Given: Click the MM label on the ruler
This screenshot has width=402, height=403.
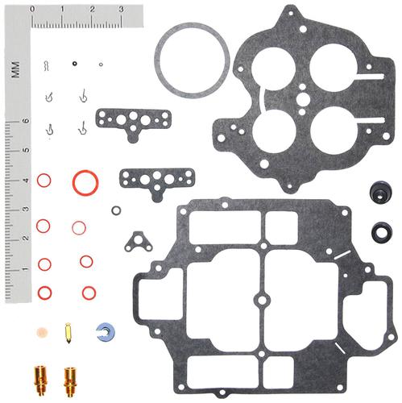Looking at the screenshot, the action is click(15, 69).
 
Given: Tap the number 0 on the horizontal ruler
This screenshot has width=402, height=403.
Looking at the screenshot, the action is click(32, 9).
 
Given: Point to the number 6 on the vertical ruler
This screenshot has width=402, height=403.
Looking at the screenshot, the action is click(27, 121).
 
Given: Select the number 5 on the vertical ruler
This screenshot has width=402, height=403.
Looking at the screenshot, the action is click(27, 150).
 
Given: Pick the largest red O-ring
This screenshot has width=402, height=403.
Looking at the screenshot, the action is click(74, 183).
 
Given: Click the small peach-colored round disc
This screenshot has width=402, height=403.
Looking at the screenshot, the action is click(42, 333).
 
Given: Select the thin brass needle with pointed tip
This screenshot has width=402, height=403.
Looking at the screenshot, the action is click(68, 334).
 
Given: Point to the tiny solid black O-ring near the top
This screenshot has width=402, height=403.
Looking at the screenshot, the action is click(75, 64).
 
